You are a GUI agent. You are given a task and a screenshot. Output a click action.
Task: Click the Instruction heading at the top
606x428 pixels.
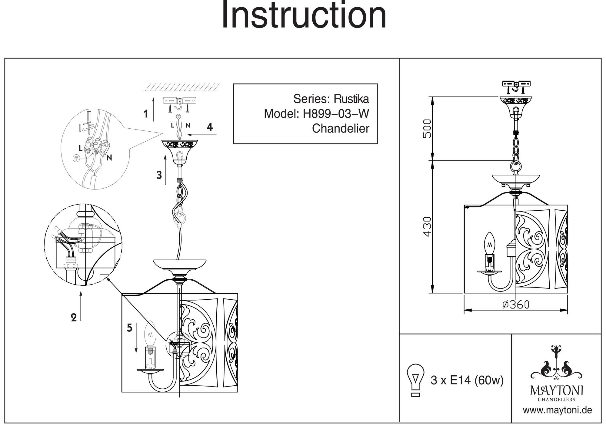click(x=304, y=16)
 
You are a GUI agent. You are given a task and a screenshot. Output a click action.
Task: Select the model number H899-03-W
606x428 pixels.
click(x=336, y=114)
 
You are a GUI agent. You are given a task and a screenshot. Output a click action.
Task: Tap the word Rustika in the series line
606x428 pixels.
click(x=351, y=99)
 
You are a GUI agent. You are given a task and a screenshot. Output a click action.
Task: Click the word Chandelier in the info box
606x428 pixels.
click(x=341, y=128)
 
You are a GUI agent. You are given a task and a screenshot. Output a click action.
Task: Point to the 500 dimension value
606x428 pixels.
click(x=427, y=129)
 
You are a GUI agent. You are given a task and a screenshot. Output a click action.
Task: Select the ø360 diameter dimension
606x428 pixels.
click(x=516, y=305)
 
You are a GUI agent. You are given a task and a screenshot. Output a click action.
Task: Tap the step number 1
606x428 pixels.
click(x=146, y=114)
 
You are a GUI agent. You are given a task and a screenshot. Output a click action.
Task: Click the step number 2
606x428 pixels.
click(x=74, y=318)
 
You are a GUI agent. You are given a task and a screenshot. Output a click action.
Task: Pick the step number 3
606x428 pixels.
click(x=159, y=175)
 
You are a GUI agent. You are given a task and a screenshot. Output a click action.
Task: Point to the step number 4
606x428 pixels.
click(x=210, y=127)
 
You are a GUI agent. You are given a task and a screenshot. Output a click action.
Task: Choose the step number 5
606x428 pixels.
click(x=129, y=328)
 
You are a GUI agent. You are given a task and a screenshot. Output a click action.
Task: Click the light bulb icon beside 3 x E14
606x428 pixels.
click(x=415, y=380)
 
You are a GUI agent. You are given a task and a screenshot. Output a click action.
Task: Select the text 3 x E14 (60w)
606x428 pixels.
click(x=467, y=380)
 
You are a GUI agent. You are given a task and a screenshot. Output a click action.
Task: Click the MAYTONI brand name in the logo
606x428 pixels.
click(x=556, y=391)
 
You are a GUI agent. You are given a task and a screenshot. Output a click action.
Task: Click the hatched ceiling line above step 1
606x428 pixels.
click(x=181, y=87)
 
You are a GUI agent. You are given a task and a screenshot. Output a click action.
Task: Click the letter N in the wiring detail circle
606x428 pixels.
click(x=109, y=158)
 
